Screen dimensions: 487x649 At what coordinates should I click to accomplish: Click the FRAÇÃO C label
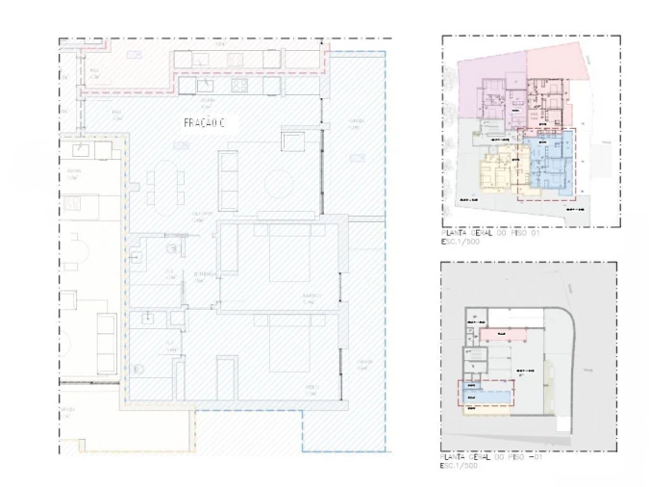204,123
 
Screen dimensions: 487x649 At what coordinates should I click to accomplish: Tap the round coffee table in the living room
279,183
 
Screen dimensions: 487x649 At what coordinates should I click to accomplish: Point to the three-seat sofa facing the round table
230,180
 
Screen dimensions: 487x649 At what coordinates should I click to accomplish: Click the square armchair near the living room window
292,141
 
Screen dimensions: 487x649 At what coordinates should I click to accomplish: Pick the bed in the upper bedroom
288,257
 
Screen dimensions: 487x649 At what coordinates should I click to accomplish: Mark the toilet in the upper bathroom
173,249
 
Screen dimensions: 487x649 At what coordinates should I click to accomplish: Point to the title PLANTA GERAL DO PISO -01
487,458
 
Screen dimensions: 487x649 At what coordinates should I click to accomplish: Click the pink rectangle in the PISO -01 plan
498,334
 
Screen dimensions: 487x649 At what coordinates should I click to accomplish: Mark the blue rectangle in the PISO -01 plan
486,394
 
